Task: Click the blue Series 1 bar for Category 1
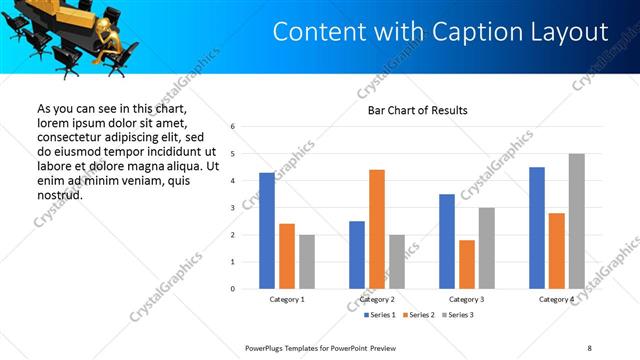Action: tap(267, 231)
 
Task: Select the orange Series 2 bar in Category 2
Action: tap(377, 229)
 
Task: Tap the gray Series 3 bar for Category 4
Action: tap(576, 221)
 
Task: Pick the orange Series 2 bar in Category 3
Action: tap(467, 264)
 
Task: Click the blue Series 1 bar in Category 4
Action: tap(537, 228)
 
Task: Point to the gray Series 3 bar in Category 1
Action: tap(306, 262)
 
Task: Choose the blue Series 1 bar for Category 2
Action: tap(357, 255)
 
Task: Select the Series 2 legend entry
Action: tap(418, 315)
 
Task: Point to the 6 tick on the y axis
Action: tap(232, 127)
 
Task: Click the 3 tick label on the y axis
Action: tap(232, 208)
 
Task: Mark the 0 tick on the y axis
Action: tap(232, 289)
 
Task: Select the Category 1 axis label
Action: tap(287, 299)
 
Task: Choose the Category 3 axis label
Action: tap(467, 299)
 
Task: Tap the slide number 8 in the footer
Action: tap(589, 347)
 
